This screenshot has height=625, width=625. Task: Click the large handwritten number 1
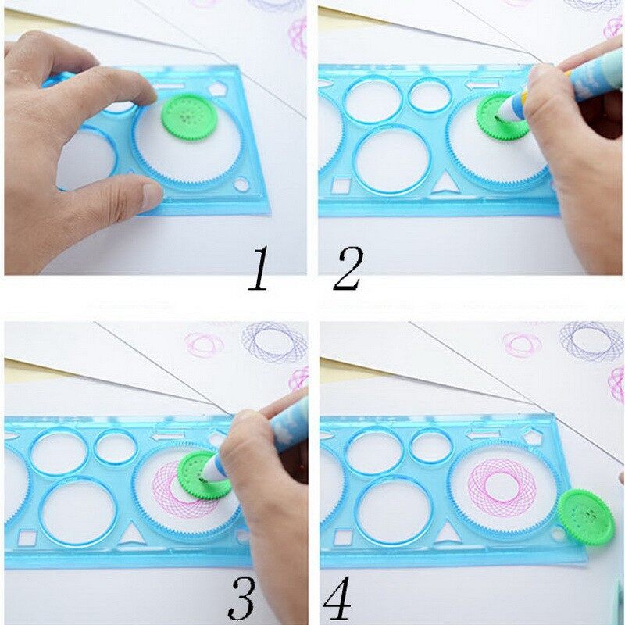pos(259,268)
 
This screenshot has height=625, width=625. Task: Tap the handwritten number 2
pos(348,268)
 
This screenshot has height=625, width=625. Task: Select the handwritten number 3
pos(242,598)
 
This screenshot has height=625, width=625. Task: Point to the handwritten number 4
pos(338,598)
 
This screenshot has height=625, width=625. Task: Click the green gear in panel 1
pos(190,116)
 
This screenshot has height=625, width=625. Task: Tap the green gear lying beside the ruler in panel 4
pos(586,517)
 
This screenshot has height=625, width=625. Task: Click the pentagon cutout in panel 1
pos(218,89)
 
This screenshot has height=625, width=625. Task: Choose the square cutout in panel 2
pos(341,185)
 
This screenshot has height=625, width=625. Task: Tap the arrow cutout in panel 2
pos(482,84)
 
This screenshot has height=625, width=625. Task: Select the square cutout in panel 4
pos(343,537)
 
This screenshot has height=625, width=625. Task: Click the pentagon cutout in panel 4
pos(533,436)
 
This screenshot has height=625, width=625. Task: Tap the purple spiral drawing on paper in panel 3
pos(275,341)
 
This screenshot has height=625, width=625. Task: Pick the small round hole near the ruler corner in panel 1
pos(241,184)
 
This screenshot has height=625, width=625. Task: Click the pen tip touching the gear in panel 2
pos(498,118)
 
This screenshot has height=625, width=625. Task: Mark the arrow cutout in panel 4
pos(484,434)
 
